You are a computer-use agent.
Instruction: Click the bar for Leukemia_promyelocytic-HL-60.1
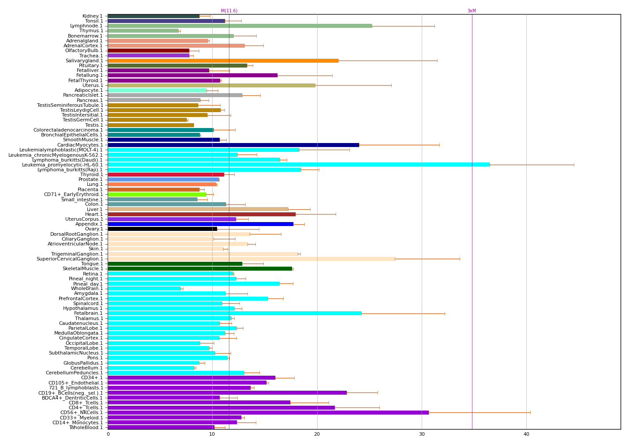299,165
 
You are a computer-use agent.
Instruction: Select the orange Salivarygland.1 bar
223,60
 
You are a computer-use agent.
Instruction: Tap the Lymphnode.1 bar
240,26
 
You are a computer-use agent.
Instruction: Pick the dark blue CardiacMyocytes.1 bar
233,145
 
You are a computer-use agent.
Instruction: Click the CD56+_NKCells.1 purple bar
268,412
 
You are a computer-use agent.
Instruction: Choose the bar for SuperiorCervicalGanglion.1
251,259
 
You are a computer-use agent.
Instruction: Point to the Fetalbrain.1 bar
234,313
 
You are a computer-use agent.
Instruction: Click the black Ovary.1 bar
162,229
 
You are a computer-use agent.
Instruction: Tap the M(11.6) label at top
229,11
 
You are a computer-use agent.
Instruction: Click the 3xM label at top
472,11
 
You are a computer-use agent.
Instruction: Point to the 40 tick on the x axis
526,434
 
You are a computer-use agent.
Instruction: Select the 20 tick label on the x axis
317,434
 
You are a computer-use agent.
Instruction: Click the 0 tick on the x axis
108,434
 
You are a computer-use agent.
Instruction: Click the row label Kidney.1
93,16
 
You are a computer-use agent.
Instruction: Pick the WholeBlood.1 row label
86,427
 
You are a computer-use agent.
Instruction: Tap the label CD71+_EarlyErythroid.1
73,194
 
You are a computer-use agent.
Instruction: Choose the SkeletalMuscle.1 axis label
82,268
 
